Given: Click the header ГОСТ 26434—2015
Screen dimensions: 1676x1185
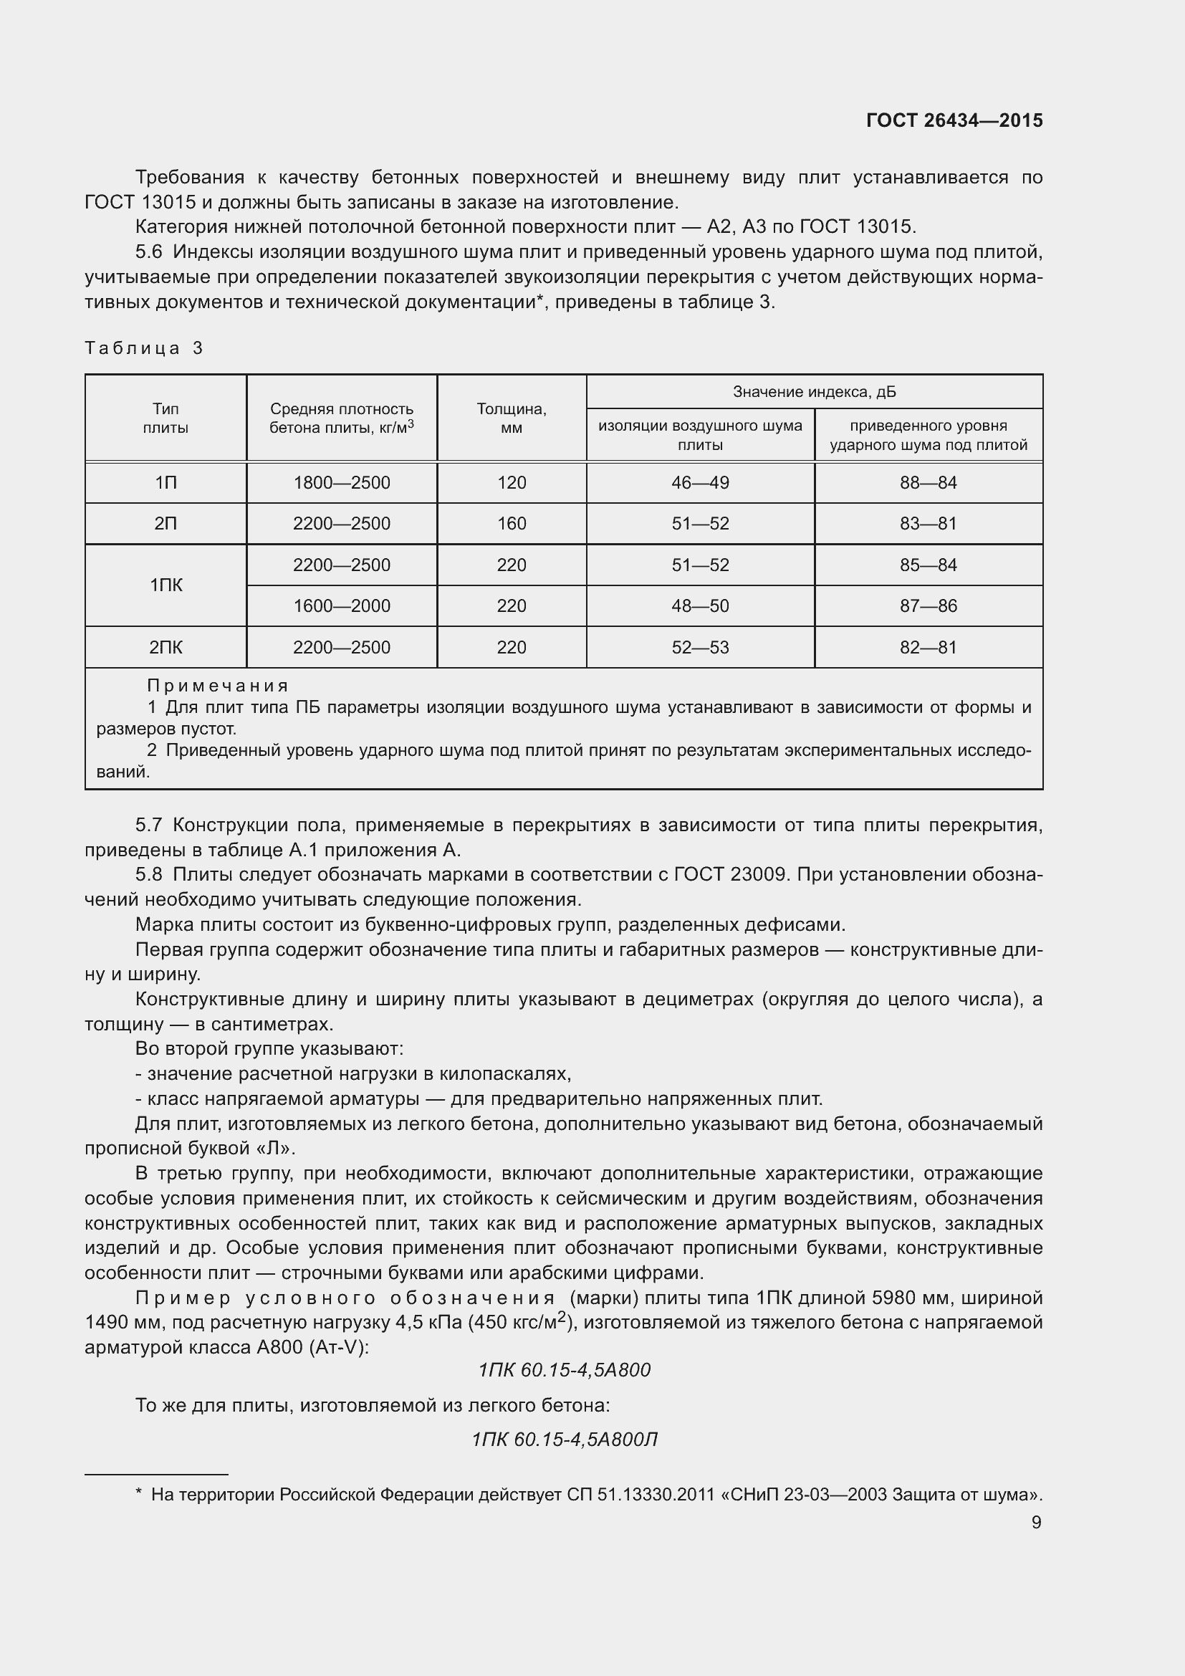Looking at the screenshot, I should (954, 120).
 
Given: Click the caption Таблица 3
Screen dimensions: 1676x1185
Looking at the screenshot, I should (144, 348).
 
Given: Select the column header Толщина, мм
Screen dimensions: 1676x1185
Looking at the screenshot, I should (512, 418).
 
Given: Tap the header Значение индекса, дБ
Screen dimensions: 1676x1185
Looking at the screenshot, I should (815, 392).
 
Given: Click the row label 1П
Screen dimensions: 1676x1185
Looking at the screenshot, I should (165, 482).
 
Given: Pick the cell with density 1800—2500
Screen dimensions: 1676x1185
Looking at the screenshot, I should (342, 482).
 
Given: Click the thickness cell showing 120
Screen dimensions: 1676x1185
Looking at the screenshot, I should (512, 482).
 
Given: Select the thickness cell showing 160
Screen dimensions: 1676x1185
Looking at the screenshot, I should (512, 523).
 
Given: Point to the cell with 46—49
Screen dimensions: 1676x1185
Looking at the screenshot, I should (700, 482).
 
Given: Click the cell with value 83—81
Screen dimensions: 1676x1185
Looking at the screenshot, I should (928, 523).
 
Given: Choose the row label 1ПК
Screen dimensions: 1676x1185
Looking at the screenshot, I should (165, 585).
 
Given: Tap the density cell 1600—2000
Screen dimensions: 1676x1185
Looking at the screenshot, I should (342, 606).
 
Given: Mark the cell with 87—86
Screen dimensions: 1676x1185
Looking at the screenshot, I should (928, 606).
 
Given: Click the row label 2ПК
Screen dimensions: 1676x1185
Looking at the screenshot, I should (165, 648).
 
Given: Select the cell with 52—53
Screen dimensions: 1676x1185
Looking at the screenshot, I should (700, 648).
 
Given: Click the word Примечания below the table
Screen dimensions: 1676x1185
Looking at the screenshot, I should (218, 686).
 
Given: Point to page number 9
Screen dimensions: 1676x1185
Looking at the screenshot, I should (1036, 1522).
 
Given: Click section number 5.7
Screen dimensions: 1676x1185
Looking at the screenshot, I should (148, 825).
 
